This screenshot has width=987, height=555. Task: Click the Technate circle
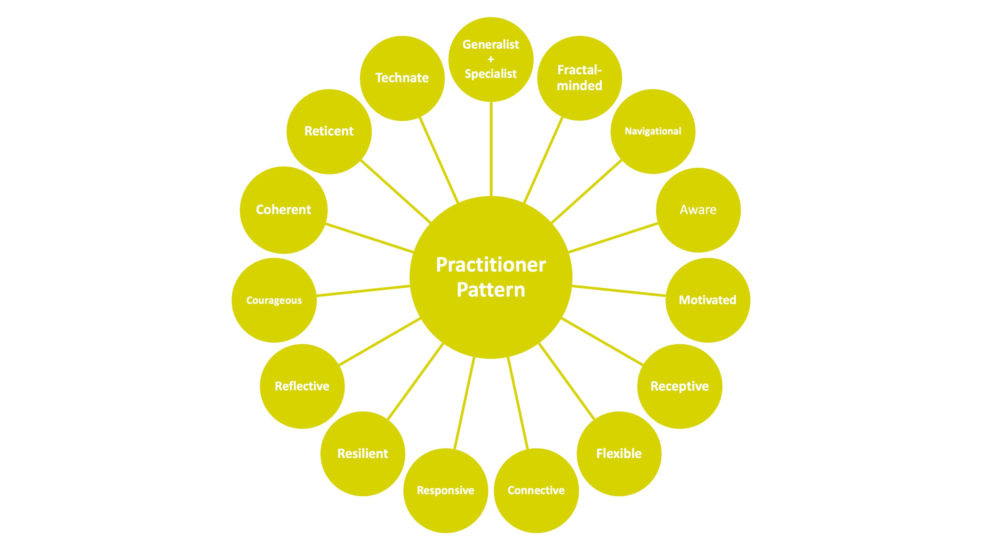coord(402,78)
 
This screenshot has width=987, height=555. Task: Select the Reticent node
coord(329,132)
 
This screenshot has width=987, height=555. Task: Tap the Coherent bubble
coord(284,210)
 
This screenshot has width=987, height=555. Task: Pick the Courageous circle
coord(274,300)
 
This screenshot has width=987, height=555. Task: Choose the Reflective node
coord(302,386)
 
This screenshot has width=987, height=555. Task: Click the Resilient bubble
coord(363,454)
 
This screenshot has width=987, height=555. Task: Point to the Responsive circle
coord(445,491)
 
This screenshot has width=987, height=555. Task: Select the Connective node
coord(536,491)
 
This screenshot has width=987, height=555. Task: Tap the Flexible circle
coord(619,454)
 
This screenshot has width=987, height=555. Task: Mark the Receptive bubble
coord(679,386)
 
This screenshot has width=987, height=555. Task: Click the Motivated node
coord(707,300)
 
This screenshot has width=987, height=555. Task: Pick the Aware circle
coord(698,210)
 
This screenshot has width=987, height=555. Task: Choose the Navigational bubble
coord(653,132)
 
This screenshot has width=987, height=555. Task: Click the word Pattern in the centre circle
coord(491,290)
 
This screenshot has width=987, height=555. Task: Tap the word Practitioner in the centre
coord(491,265)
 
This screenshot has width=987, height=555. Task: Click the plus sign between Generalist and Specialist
coord(491,60)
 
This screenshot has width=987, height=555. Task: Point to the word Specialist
coord(491,74)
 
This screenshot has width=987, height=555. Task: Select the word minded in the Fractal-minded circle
coord(579,86)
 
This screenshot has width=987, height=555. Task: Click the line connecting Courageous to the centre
coord(363,291)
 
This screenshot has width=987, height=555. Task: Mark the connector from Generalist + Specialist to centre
coord(491,149)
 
